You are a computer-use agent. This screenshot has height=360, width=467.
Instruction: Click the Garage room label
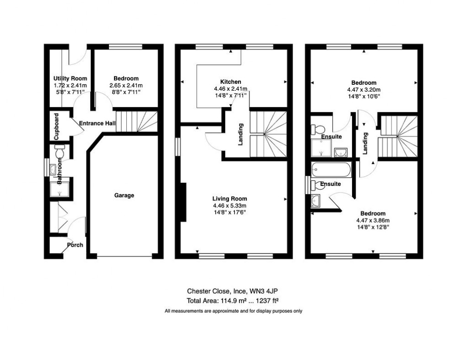point(124,196)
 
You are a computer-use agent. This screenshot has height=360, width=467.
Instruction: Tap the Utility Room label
point(70,79)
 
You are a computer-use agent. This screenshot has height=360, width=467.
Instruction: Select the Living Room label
point(229,199)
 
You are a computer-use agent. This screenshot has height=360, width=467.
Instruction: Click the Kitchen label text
point(230,82)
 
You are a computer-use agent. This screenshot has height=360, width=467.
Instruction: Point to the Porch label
point(75,245)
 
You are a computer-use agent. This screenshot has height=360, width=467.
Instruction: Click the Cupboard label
point(56,126)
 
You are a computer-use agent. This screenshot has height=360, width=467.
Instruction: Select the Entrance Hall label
point(97,124)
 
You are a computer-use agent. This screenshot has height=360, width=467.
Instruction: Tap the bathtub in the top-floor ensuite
point(331,170)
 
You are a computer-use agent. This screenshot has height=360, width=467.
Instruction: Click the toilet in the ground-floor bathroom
point(60,151)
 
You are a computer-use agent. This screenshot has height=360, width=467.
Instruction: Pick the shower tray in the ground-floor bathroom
point(60,188)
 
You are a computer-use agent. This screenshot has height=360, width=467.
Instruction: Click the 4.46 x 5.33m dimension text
point(230,206)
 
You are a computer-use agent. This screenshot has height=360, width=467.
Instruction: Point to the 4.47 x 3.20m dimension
point(362,90)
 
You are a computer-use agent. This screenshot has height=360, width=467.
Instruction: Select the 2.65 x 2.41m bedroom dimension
point(126,86)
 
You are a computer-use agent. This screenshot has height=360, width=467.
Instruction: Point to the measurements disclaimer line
point(233,311)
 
